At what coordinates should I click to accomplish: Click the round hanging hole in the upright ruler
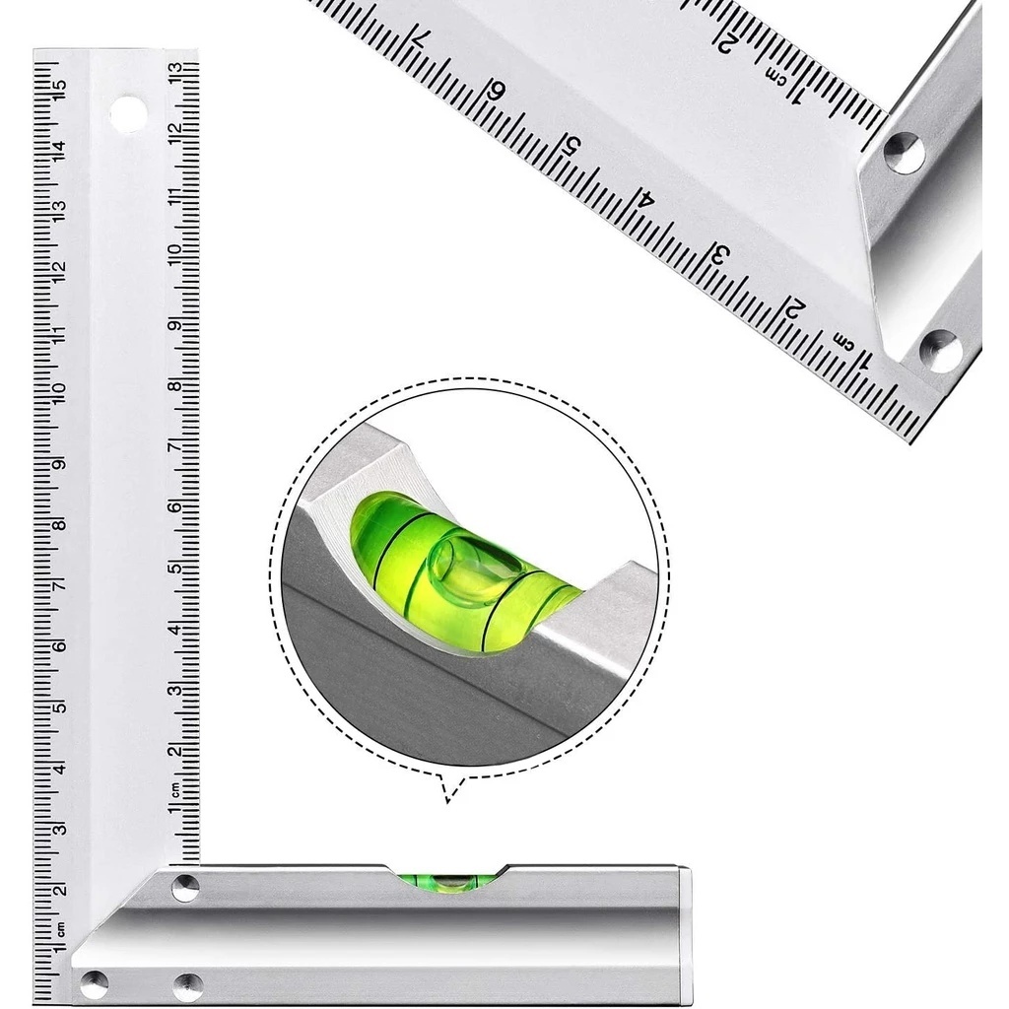[128, 114]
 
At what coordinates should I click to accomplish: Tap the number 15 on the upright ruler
[59, 90]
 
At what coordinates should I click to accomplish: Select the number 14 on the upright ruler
[59, 150]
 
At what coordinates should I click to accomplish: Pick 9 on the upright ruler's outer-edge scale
[59, 464]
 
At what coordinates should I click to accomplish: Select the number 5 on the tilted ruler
[571, 146]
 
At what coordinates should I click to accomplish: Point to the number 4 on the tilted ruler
[645, 197]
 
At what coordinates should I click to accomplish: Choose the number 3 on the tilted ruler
[719, 253]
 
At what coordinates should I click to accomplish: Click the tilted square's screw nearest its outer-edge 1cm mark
[939, 351]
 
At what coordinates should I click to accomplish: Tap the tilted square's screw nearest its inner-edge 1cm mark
[904, 153]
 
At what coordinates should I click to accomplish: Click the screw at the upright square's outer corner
[95, 981]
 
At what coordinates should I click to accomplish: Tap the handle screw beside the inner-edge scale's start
[185, 887]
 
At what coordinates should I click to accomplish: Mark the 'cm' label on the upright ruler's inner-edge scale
[174, 788]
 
